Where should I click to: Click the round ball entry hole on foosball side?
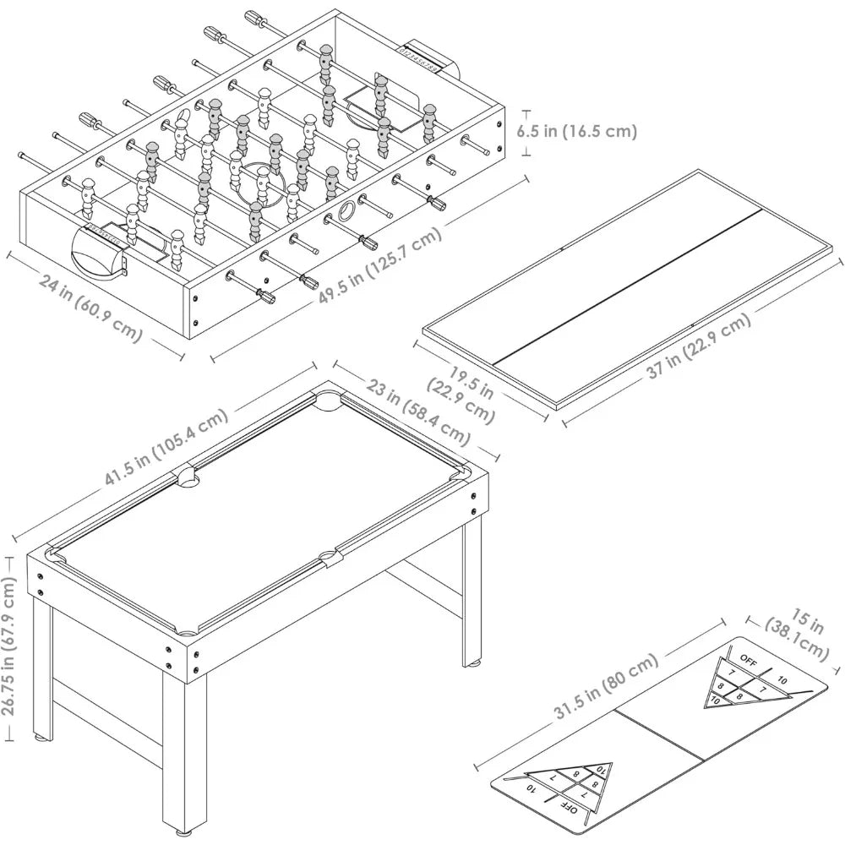pos(347,211)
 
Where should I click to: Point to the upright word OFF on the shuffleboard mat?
pos(748,657)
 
